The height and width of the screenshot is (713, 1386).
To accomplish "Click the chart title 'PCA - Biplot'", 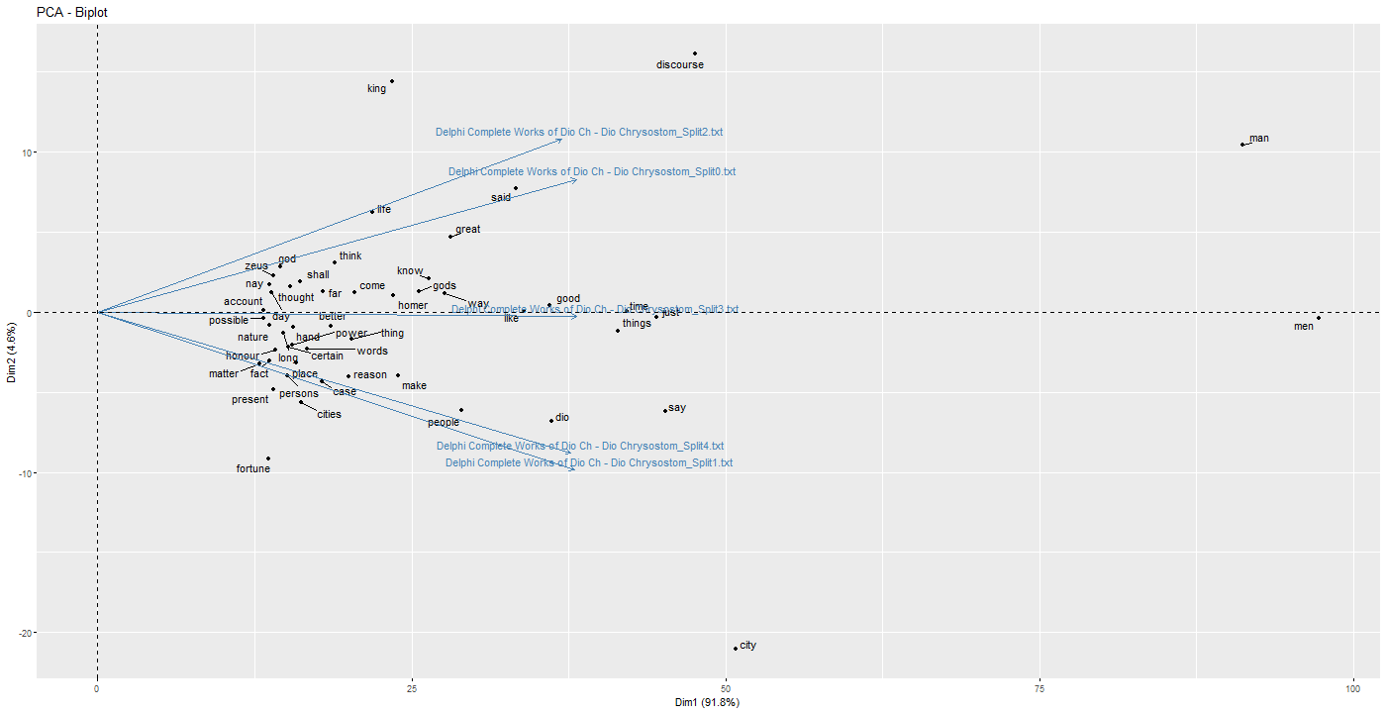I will point(72,12).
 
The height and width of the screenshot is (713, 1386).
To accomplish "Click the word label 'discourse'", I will point(680,65).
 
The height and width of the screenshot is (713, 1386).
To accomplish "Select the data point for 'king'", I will point(392,81).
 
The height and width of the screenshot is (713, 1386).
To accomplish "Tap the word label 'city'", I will point(748,646).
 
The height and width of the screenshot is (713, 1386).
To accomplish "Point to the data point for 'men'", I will point(1319,318).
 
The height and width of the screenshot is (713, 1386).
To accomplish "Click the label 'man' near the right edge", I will point(1259,139).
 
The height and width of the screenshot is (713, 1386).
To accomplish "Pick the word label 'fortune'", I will point(252,469).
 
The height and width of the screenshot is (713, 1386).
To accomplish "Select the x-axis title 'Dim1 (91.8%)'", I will point(707,702).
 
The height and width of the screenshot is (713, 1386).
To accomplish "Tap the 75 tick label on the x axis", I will point(1039,687).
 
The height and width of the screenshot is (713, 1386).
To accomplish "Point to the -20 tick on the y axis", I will point(25,633).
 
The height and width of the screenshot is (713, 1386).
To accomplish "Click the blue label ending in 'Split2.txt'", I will point(586,133).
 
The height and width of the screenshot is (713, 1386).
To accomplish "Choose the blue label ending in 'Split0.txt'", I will point(592,172).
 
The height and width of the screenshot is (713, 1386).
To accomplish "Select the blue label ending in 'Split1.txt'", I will point(589,463).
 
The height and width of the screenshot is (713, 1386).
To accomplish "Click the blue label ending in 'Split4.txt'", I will point(580,447).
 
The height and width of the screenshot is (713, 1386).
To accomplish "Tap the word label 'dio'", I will point(562,418).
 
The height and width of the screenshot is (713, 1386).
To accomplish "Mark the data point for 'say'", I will point(664,410).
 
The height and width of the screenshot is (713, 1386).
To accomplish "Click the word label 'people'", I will point(444,423).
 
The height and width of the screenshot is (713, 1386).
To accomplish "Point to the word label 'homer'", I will point(413,306).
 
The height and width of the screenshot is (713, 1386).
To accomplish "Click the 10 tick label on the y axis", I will point(25,153).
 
